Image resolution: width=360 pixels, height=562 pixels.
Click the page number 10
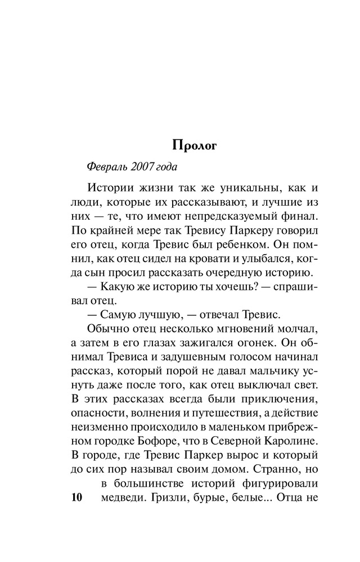(x=74, y=498)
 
